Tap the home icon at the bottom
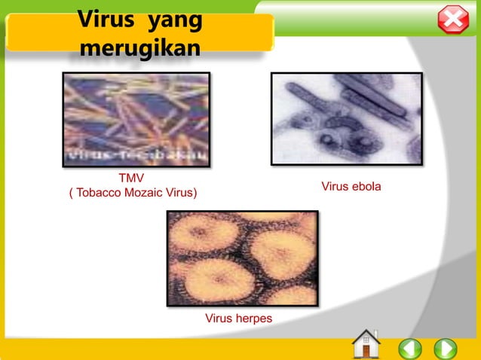[366, 344]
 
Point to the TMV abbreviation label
[133, 179]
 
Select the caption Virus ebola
[351, 186]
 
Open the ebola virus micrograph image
[346, 118]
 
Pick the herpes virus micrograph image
[242, 258]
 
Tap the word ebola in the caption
[366, 186]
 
